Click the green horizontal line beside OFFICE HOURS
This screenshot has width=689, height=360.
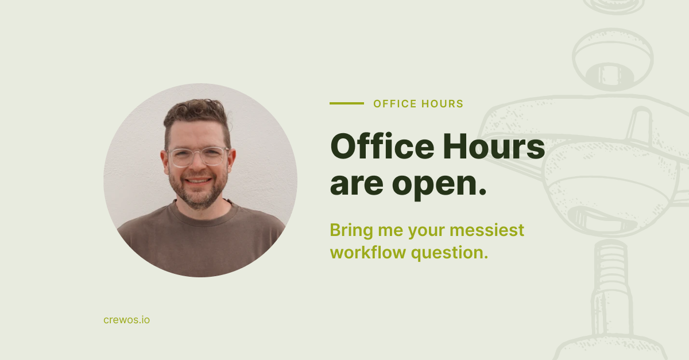347,103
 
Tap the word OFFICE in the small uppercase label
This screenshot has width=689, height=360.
394,104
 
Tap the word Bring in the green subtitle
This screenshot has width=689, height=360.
351,231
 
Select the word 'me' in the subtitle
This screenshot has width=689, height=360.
390,232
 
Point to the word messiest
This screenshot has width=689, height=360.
487,230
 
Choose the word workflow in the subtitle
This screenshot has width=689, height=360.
368,252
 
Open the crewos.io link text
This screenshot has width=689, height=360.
127,320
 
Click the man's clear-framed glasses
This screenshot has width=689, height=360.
198,157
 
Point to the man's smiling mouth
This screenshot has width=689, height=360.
199,180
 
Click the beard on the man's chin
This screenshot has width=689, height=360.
199,197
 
